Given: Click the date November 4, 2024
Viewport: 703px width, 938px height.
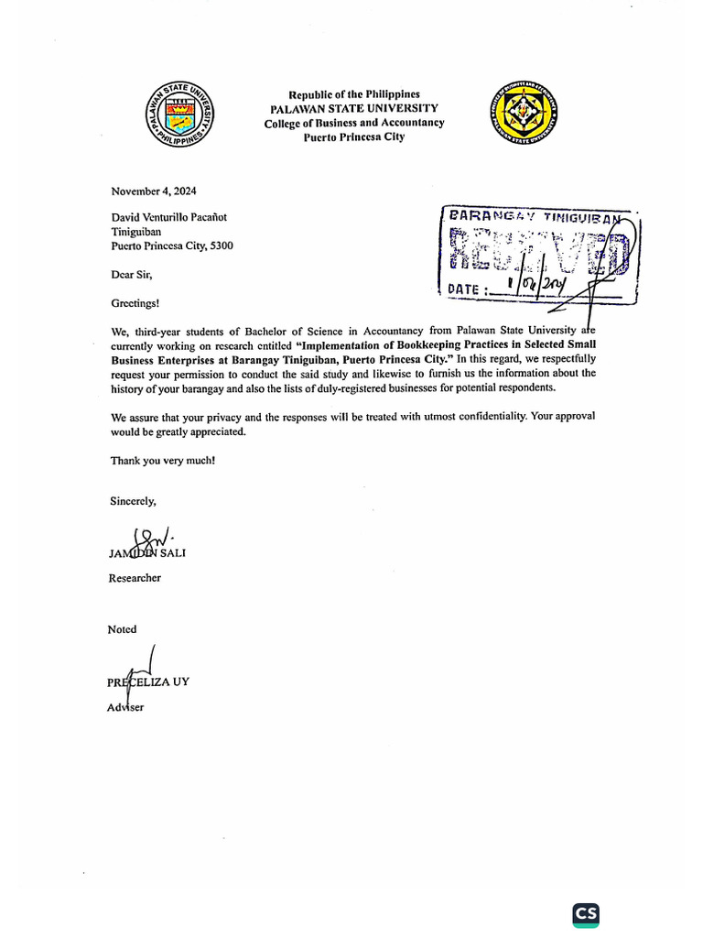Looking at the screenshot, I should (154, 191).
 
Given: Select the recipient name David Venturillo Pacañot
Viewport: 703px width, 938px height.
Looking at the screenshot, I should (169, 218).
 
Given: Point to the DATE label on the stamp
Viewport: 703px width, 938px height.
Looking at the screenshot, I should (466, 289).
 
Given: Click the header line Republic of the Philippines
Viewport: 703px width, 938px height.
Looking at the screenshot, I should (354, 94).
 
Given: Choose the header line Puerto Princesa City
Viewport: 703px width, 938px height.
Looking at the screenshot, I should (354, 137).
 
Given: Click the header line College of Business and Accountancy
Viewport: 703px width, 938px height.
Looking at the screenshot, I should (354, 123).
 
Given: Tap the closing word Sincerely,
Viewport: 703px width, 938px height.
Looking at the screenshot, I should (134, 501).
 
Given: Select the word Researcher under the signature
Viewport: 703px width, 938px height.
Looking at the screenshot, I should (135, 578).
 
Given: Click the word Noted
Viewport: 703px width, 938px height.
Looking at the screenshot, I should (123, 629).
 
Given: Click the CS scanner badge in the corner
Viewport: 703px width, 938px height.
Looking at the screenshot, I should (585, 914).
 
